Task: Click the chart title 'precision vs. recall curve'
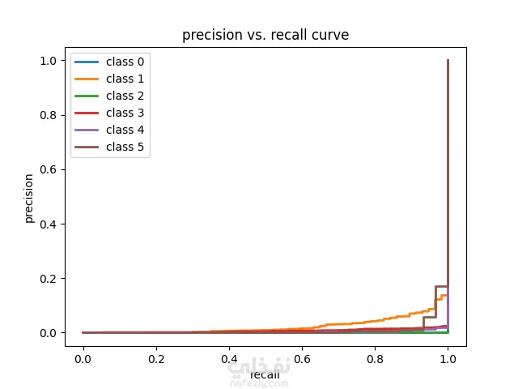(x=265, y=35)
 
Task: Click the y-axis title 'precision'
(x=29, y=197)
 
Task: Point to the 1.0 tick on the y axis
(x=48, y=61)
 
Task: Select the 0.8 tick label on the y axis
(x=48, y=115)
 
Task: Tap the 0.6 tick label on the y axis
(x=48, y=169)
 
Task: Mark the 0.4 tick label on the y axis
(x=48, y=224)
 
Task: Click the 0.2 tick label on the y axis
(x=48, y=279)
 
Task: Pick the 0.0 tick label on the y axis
(x=48, y=333)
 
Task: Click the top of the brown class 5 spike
(x=448, y=61)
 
